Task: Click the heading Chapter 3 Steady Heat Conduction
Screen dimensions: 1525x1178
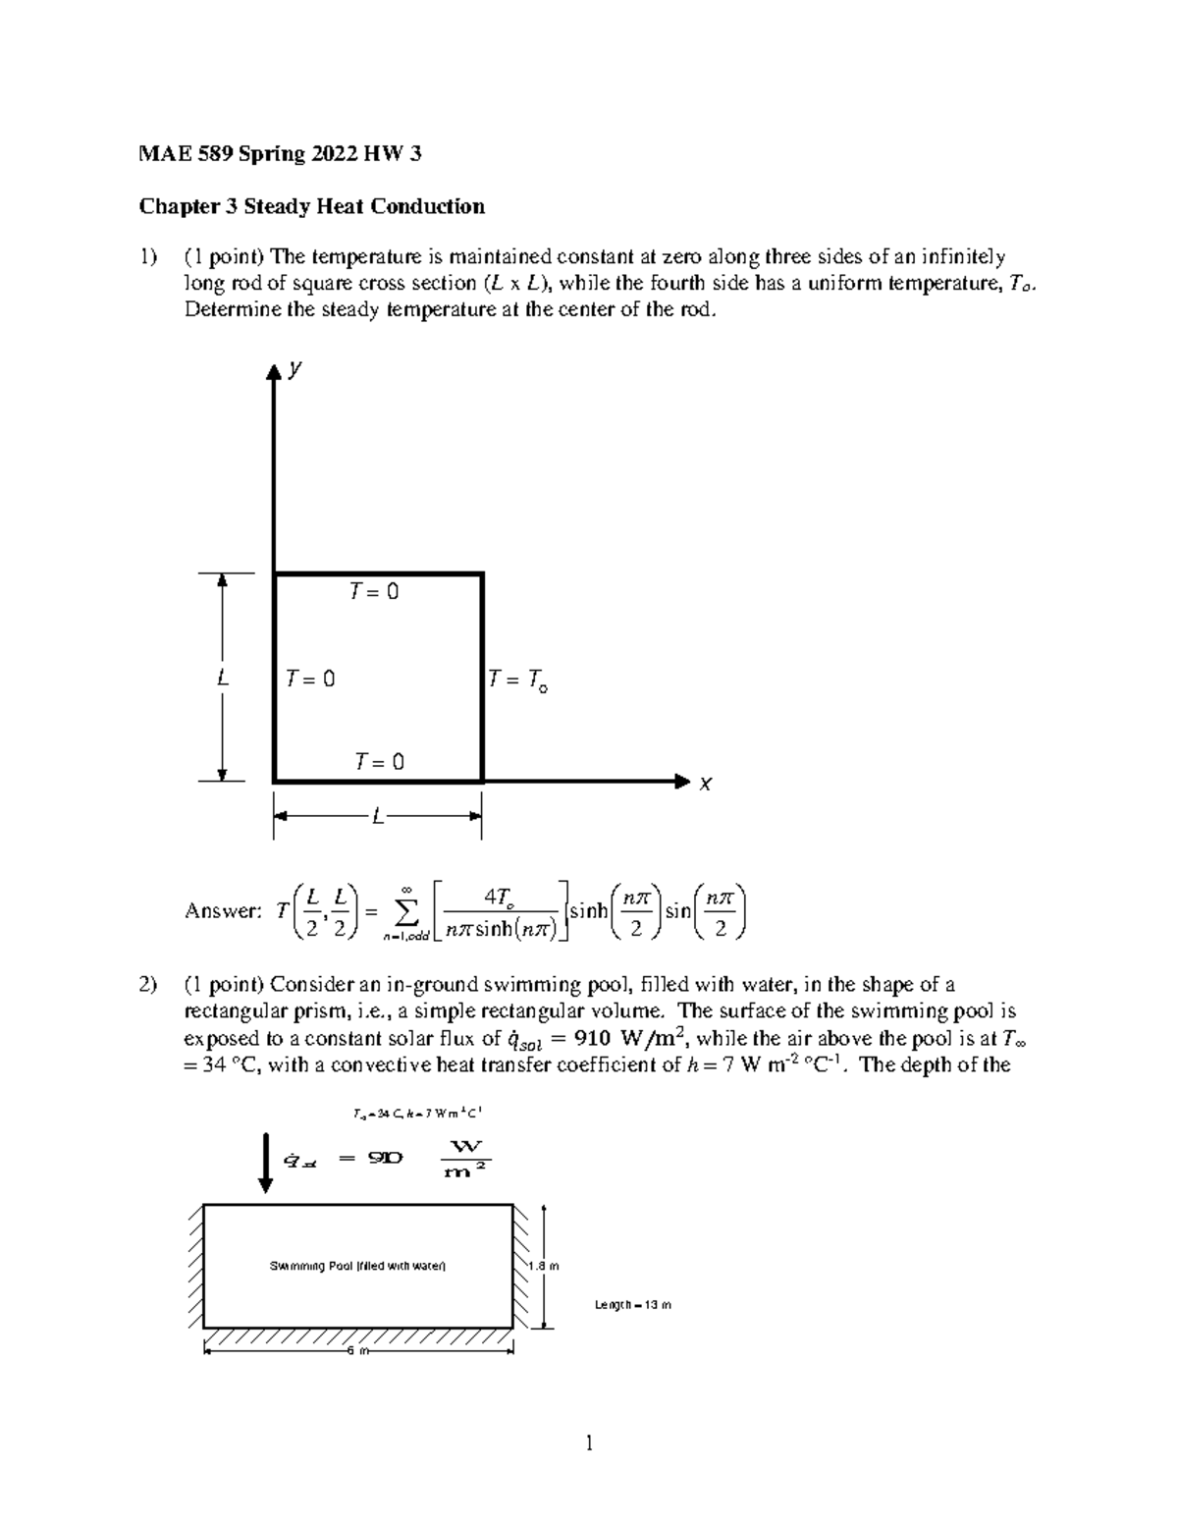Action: [311, 206]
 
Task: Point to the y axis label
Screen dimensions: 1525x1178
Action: [294, 368]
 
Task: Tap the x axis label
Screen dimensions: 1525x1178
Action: [705, 784]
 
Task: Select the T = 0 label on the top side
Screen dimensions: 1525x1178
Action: [374, 592]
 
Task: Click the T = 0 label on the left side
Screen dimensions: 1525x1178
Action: [310, 679]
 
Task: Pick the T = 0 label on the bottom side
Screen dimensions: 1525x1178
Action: [379, 762]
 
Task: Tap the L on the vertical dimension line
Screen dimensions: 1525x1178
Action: [224, 678]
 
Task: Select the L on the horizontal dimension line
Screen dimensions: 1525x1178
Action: [377, 816]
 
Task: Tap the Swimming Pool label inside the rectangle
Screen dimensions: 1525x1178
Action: [357, 1266]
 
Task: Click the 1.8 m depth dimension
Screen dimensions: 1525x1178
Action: [543, 1266]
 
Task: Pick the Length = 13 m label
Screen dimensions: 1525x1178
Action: [633, 1305]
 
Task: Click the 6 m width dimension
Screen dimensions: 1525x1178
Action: [357, 1352]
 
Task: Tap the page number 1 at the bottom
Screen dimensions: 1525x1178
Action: [589, 1443]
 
